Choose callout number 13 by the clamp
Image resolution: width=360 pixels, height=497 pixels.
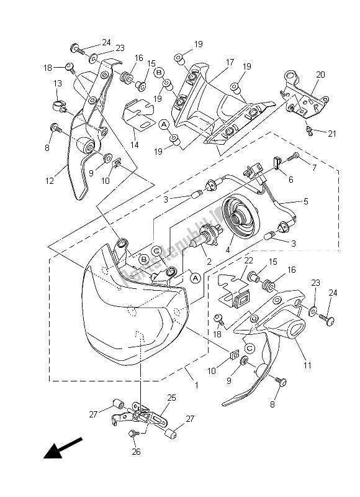(x=56, y=83)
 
